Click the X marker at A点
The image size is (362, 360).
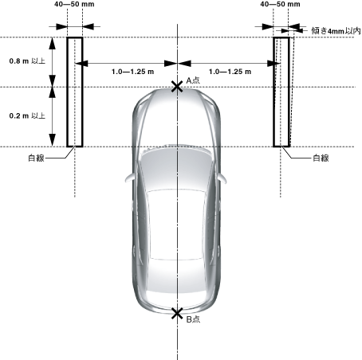[177, 87]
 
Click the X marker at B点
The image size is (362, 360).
[177, 314]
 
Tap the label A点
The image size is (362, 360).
[193, 80]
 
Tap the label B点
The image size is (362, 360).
[193, 319]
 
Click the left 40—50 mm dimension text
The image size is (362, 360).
[74, 4]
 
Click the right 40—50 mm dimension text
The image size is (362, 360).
[280, 4]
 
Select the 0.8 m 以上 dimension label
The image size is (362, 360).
[27, 61]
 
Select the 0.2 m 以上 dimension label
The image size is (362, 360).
[27, 115]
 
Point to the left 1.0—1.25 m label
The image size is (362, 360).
[132, 72]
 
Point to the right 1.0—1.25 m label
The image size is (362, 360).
[230, 72]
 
